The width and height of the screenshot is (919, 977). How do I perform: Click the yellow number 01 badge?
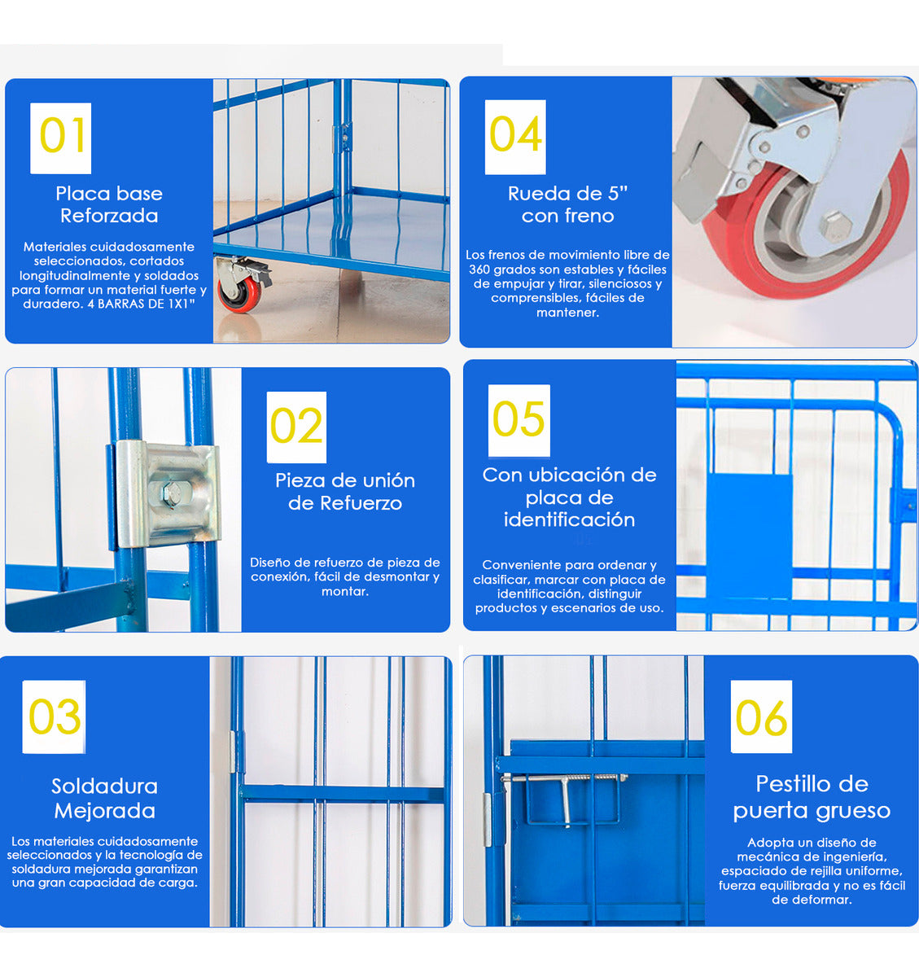[x=60, y=138]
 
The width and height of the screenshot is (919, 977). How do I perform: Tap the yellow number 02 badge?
[x=296, y=427]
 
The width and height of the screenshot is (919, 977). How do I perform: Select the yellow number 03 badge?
[x=54, y=716]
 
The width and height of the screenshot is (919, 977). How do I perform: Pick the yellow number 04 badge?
[x=515, y=138]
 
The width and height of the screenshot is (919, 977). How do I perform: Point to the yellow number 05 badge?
[x=519, y=421]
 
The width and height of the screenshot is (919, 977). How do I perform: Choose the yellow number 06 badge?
[x=761, y=716]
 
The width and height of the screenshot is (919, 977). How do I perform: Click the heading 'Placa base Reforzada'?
[x=109, y=204]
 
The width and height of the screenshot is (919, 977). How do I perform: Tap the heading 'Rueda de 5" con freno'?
[x=567, y=204]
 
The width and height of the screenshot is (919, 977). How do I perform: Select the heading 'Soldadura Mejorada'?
[x=104, y=798]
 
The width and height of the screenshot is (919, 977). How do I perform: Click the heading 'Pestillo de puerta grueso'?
[x=812, y=798]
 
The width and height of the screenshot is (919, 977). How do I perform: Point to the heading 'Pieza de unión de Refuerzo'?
[x=345, y=492]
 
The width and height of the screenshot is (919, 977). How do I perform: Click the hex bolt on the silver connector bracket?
[x=172, y=493]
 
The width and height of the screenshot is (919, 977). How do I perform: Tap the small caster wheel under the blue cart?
[x=239, y=294]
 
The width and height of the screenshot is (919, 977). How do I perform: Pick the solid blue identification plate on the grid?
[x=749, y=537]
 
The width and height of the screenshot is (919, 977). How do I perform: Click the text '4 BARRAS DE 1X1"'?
[x=141, y=304]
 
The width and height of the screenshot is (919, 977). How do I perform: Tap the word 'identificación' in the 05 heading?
[x=569, y=520]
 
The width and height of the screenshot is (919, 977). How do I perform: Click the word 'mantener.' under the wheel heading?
[x=567, y=313]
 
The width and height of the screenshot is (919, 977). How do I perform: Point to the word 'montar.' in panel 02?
[x=345, y=591]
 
